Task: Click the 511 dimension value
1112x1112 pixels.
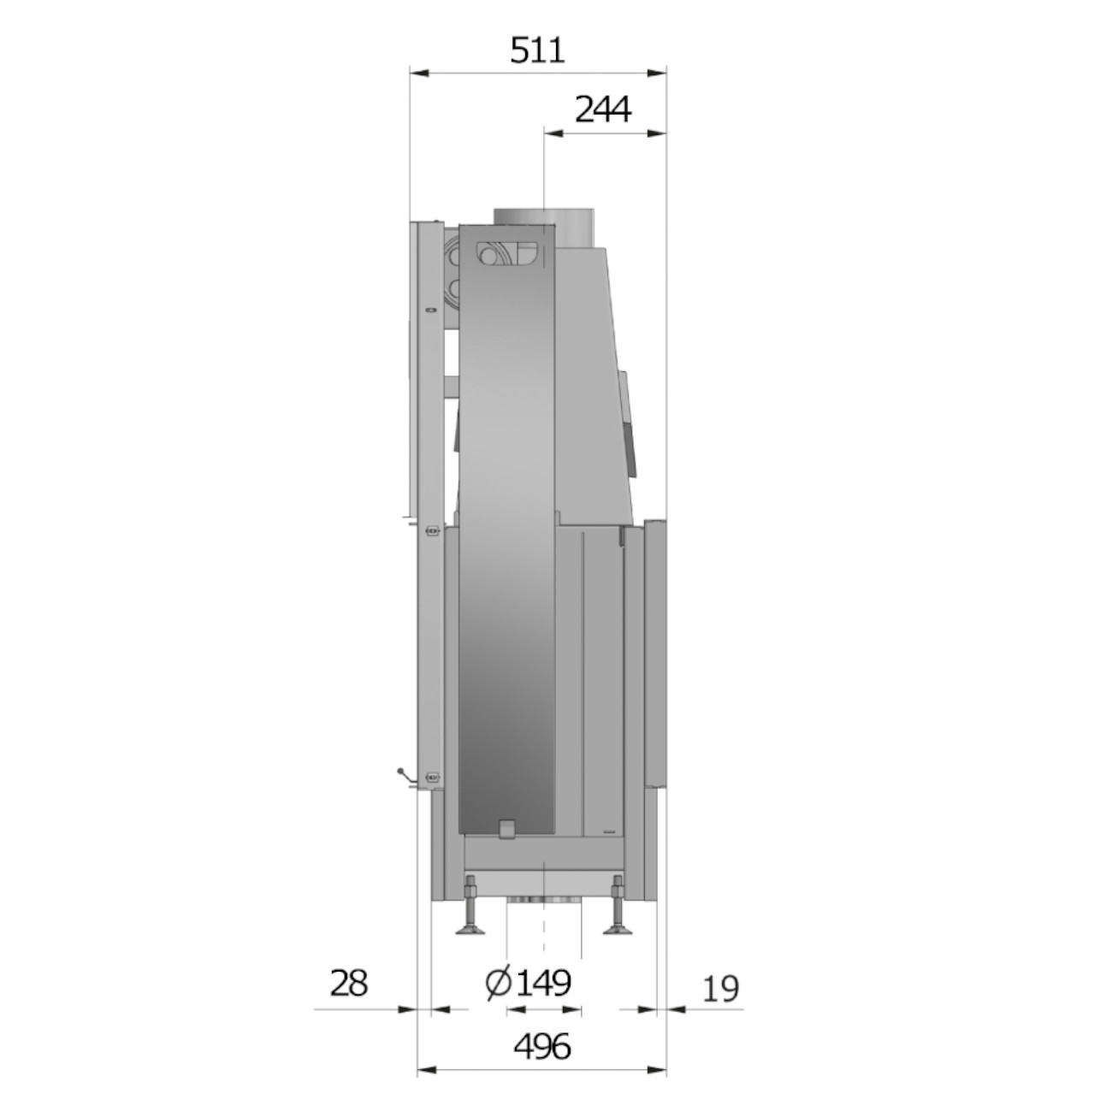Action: [x=537, y=50]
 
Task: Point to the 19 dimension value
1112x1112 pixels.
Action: [x=721, y=988]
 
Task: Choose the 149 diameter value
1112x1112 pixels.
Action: [x=543, y=984]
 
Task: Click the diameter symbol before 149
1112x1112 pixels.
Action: [x=498, y=984]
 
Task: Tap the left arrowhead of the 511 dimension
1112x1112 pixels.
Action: [x=419, y=74]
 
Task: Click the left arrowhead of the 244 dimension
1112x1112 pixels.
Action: [x=554, y=133]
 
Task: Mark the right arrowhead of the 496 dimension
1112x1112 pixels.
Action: [x=656, y=1071]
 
